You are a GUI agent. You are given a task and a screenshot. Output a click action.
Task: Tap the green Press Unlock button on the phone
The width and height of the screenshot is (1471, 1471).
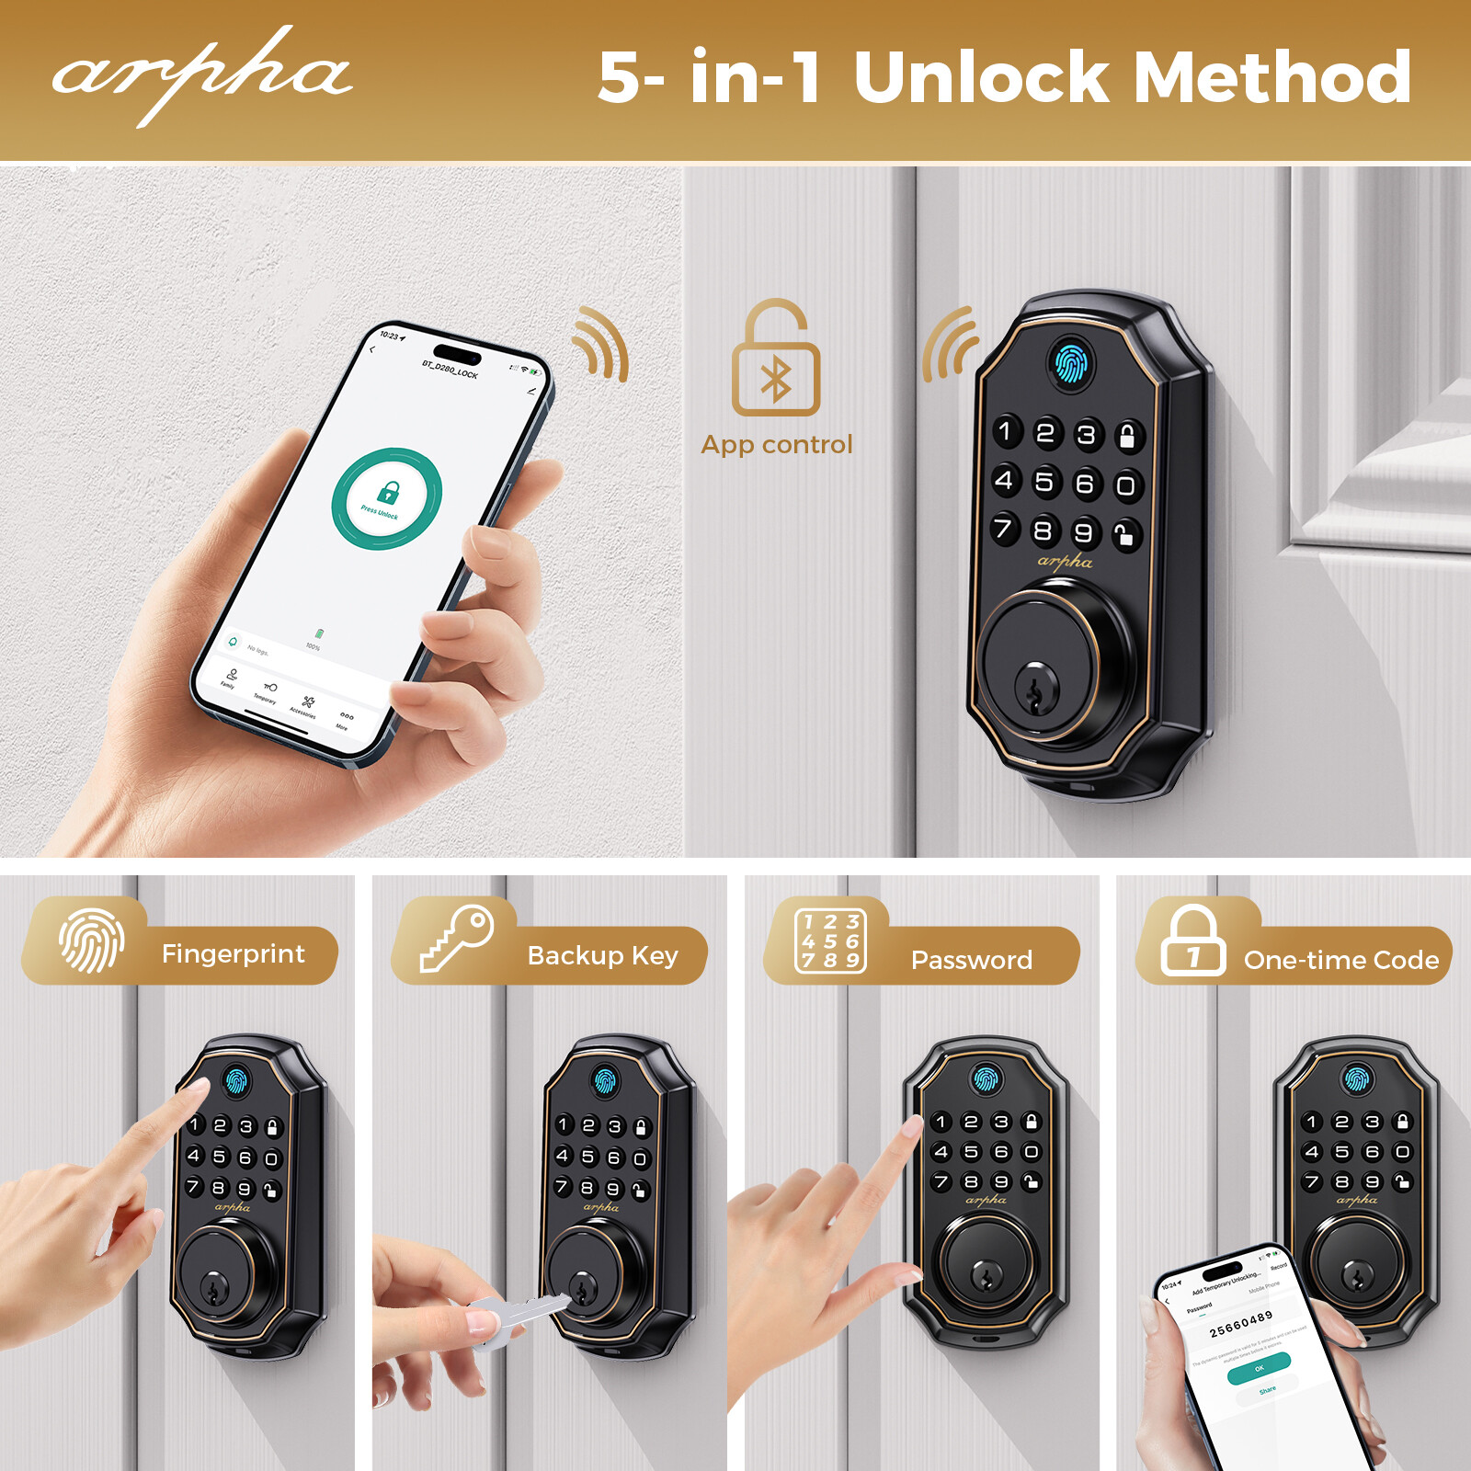tap(386, 498)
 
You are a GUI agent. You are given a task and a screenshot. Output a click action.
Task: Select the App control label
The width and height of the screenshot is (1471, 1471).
tap(777, 445)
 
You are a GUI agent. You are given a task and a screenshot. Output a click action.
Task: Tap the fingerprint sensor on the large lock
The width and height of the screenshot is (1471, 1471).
tap(1071, 364)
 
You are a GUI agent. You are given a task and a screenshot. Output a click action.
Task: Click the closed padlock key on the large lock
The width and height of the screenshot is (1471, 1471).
tap(1127, 436)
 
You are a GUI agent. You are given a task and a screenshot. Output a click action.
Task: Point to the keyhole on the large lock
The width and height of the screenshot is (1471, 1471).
tap(1037, 688)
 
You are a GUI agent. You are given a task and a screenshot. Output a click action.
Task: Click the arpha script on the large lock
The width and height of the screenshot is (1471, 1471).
tap(1065, 561)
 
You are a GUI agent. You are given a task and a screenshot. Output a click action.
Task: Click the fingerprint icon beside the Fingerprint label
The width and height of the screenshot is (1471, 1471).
tap(92, 940)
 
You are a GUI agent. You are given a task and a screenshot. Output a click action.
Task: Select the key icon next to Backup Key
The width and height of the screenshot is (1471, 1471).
tap(458, 938)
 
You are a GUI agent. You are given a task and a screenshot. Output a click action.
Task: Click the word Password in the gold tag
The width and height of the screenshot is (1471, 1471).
tap(971, 960)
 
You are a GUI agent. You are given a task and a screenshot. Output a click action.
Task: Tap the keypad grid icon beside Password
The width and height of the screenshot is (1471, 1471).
tap(830, 940)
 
